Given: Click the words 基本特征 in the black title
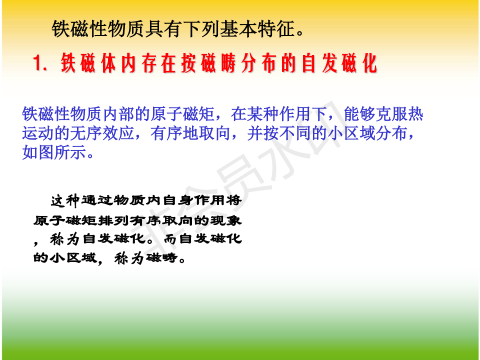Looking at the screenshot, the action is coord(257,29).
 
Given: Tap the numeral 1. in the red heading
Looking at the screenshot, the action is coord(40,63).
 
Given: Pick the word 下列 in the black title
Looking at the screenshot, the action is coord(201,29).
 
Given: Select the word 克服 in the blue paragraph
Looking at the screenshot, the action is coord(391,114).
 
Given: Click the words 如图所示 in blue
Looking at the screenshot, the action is coord(54,152).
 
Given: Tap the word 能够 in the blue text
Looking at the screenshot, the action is coord(359,114).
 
